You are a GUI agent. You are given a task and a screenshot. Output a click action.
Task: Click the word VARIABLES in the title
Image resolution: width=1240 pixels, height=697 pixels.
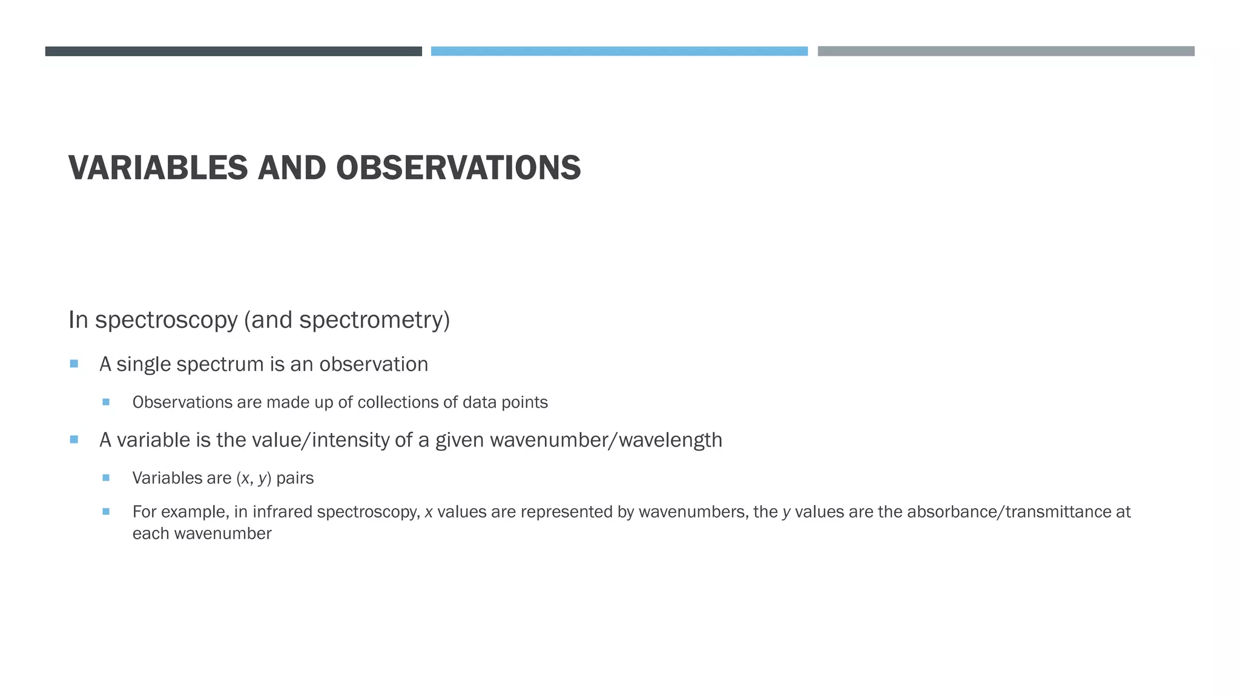158,168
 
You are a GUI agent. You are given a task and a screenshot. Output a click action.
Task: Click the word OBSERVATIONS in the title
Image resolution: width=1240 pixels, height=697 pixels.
458,168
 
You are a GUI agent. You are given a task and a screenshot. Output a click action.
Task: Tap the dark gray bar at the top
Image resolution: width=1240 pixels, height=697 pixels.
233,51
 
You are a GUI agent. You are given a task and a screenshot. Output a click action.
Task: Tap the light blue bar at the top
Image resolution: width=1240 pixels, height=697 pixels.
619,51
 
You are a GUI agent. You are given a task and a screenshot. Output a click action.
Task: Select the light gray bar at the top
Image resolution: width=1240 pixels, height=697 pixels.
1006,51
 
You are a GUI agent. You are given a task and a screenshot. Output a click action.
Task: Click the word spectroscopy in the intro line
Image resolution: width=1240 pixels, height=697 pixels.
166,320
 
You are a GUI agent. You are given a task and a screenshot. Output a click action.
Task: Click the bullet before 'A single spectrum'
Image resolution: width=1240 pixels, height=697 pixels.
74,364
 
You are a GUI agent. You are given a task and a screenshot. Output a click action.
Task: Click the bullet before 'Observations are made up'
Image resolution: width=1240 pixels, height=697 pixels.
106,402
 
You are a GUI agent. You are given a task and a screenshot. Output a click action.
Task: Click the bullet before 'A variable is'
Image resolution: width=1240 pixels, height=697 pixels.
74,439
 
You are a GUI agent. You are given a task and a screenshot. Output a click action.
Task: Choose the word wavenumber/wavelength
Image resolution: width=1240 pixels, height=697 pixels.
606,440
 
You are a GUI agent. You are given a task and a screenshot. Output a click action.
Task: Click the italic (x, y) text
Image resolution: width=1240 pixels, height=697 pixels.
254,478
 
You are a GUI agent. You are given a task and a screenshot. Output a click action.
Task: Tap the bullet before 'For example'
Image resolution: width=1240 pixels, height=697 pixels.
106,511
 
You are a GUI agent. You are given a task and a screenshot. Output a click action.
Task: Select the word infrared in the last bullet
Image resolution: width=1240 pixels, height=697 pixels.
282,512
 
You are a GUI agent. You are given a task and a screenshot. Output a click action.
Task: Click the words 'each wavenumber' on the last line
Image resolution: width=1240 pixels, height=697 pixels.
202,534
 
